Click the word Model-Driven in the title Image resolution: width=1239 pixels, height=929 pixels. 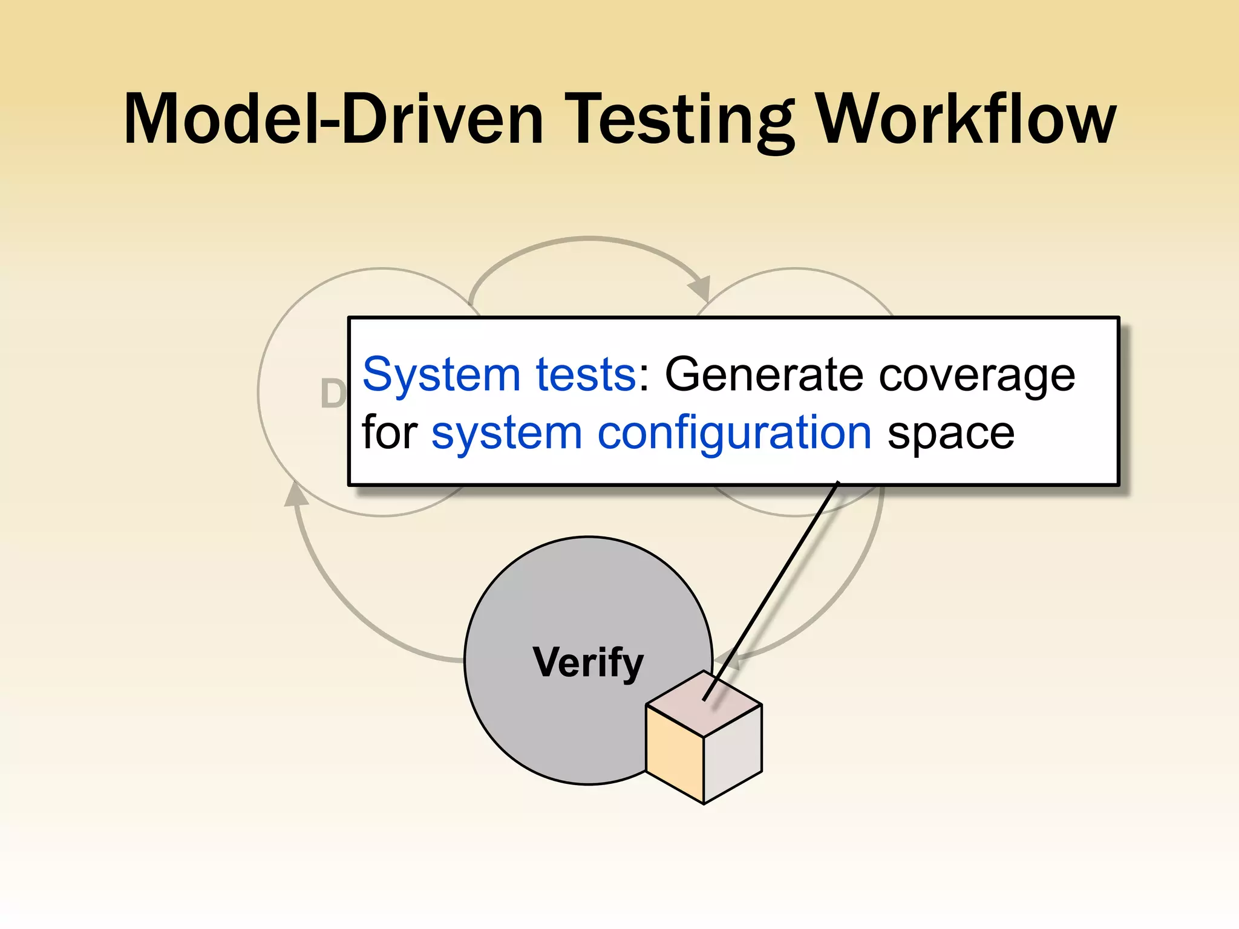click(333, 119)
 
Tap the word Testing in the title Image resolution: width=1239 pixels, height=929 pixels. click(683, 119)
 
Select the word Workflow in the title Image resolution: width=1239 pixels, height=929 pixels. click(967, 119)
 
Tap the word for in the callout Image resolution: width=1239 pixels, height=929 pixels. click(390, 432)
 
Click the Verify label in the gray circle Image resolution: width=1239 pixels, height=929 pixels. click(588, 663)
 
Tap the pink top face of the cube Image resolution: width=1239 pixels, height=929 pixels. click(704, 703)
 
